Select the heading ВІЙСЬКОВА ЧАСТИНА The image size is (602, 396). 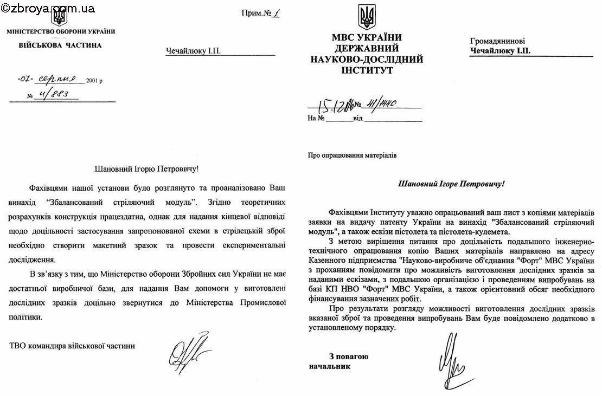point(60,45)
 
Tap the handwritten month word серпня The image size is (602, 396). point(60,79)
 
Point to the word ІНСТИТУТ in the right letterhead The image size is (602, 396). point(367,70)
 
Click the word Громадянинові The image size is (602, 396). point(497,41)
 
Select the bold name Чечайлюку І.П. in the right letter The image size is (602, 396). point(500,50)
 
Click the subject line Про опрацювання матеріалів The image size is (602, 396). point(352,154)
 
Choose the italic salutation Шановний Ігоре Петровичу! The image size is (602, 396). point(451,184)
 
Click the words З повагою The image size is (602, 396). point(348,356)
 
